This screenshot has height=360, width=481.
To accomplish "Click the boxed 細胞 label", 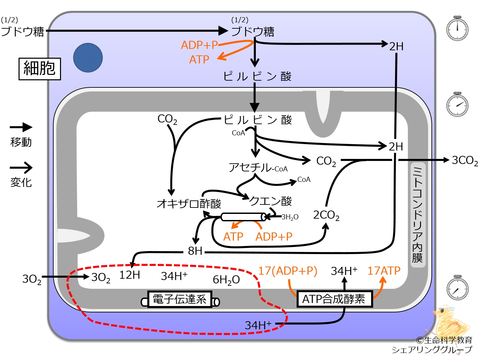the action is [40, 69].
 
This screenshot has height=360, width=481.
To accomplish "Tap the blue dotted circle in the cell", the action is [88, 58].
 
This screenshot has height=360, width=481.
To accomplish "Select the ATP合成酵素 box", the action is [335, 299].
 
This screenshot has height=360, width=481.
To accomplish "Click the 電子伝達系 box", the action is [180, 299].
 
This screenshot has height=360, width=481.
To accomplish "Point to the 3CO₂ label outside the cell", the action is [465, 161].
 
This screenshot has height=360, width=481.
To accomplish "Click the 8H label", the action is [195, 251].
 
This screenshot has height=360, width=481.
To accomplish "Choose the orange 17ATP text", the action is [384, 271].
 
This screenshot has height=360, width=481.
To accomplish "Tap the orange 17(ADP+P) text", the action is [288, 271].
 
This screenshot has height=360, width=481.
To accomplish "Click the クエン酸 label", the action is [271, 201].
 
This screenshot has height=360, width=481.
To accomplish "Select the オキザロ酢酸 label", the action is [189, 204].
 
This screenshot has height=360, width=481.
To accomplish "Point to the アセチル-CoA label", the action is [258, 167].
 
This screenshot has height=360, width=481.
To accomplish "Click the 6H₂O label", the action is [226, 280].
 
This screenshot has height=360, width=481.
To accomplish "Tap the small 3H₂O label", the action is [290, 217].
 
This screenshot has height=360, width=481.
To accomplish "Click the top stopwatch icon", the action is [457, 28].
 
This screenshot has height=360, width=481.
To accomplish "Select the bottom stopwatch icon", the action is [457, 287].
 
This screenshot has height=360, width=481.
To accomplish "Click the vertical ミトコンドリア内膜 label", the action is [417, 215].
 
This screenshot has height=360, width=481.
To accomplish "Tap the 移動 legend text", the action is [21, 142].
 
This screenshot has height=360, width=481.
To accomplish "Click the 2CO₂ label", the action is [326, 215].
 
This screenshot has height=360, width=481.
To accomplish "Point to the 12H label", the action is [129, 275].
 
